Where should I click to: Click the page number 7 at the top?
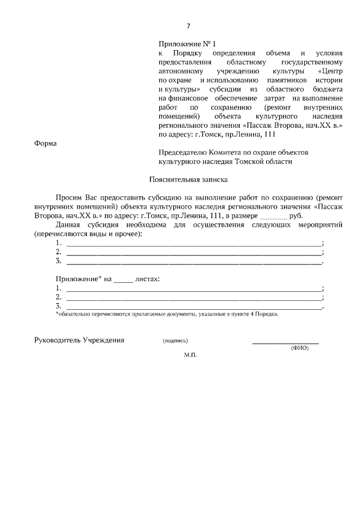click(188, 26)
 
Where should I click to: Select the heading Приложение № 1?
click(187, 43)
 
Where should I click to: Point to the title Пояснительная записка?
click(188, 180)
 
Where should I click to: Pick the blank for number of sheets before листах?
click(123, 279)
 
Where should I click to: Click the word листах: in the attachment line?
click(148, 279)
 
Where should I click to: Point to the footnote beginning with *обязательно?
click(166, 315)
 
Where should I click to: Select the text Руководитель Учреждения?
click(79, 341)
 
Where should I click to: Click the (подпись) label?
click(175, 341)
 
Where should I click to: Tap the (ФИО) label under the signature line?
click(300, 348)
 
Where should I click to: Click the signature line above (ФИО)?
click(285, 343)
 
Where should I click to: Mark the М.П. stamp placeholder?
click(190, 356)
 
